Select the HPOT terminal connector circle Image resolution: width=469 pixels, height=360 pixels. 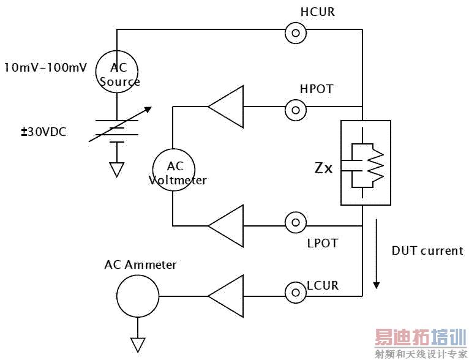coord(296,110)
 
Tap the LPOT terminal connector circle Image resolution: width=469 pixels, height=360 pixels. coord(296,223)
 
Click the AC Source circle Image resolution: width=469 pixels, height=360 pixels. coord(118,72)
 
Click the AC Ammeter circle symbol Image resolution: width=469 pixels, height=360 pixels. coord(138,296)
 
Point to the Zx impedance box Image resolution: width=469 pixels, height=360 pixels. coord(365,162)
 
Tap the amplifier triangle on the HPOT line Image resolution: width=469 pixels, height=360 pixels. coord(227,108)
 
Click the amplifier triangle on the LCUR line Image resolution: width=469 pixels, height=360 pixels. coord(227,296)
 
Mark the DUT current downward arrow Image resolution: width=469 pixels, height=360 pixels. coord(376,257)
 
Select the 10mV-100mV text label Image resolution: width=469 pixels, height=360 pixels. coord(45,67)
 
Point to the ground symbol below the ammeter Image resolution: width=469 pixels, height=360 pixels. coord(138,345)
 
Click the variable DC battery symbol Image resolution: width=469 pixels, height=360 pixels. coord(118,132)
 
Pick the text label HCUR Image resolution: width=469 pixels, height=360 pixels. coord(318,12)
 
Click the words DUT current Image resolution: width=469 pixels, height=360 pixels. coord(427,251)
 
